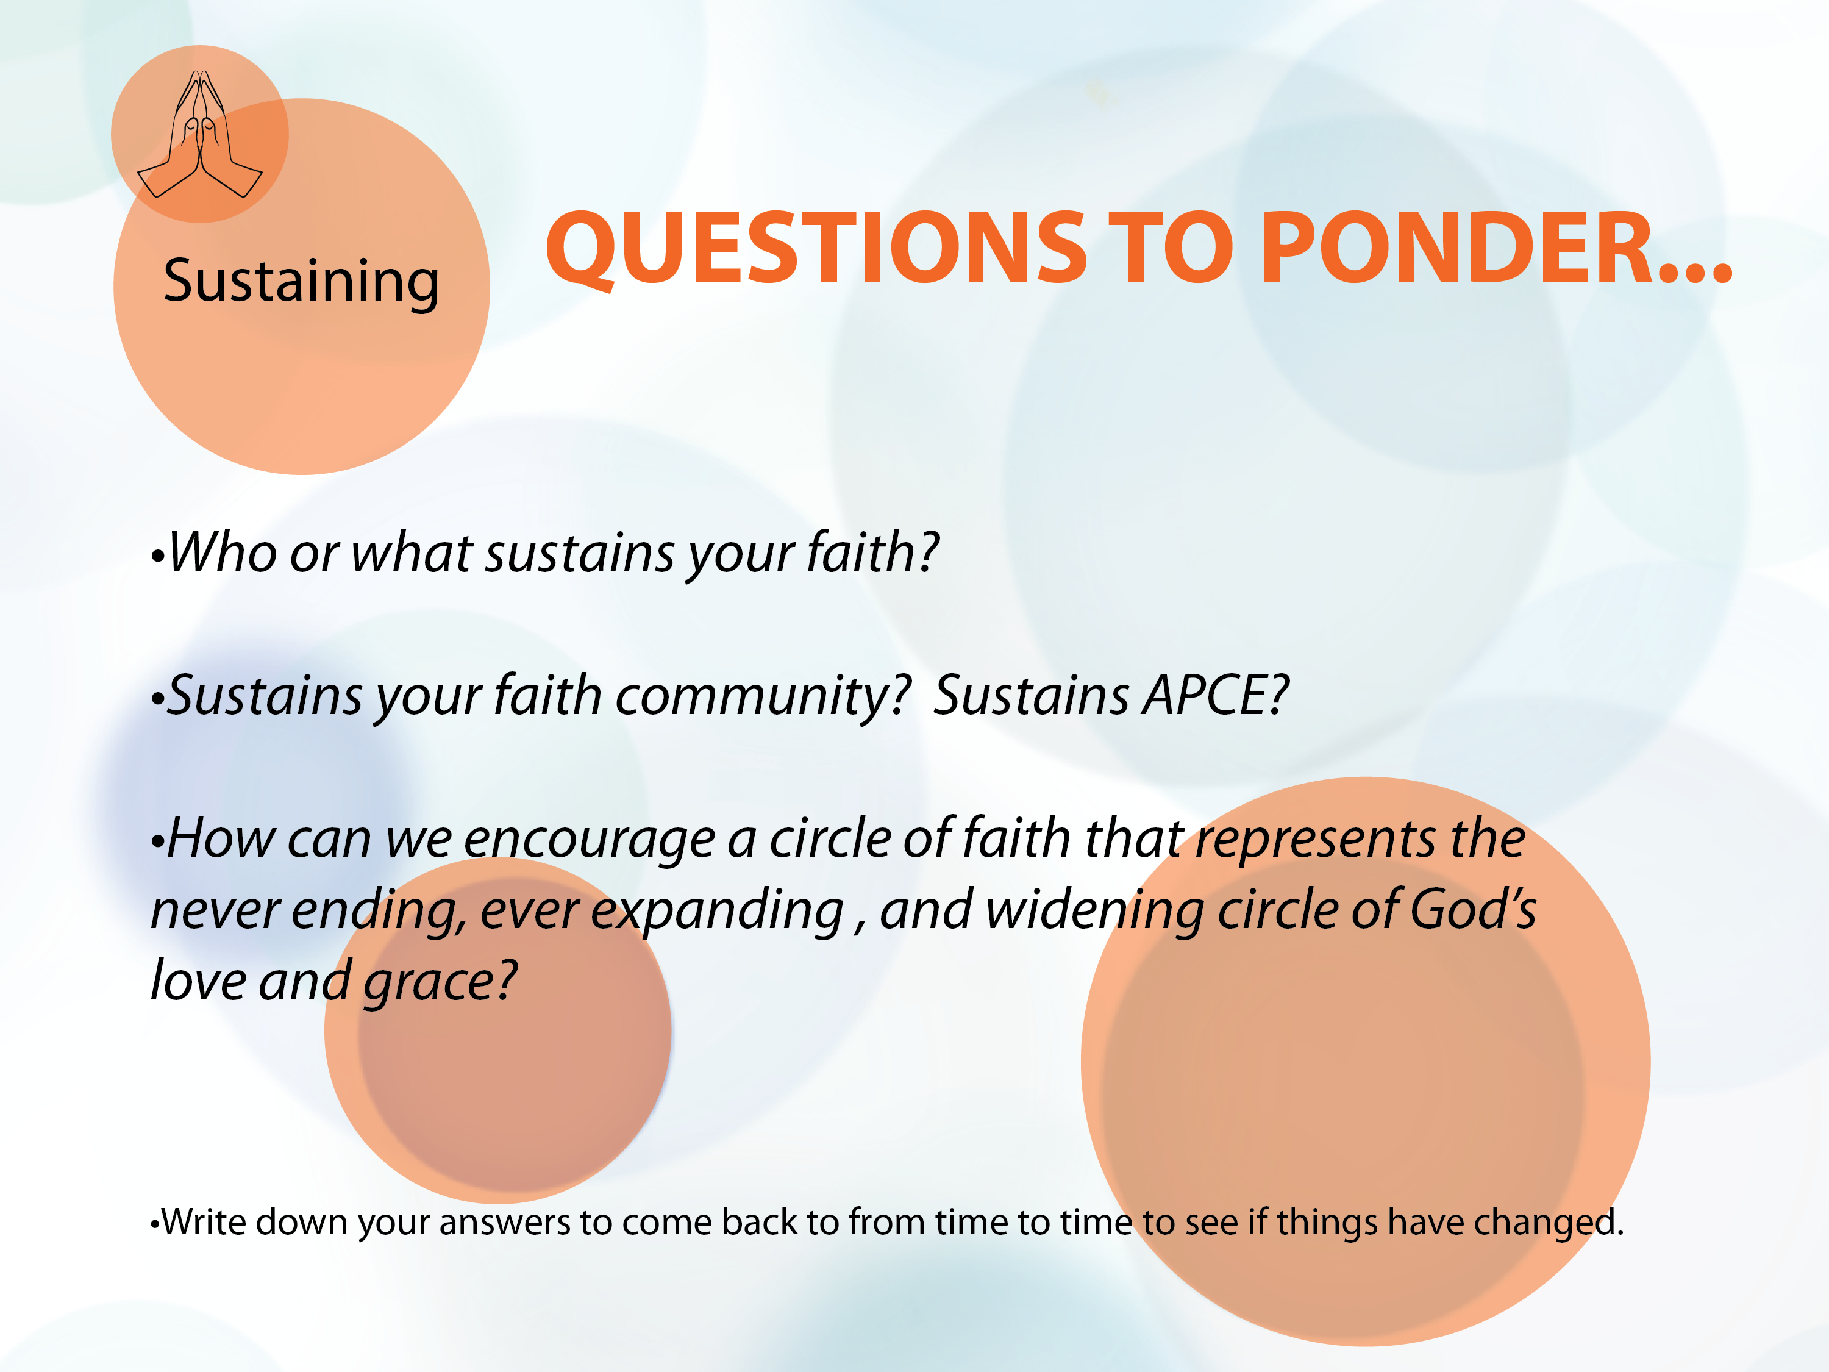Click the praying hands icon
(199, 134)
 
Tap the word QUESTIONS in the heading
(815, 248)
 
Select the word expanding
(717, 912)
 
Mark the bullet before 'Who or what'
(158, 557)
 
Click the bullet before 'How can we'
(158, 843)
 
